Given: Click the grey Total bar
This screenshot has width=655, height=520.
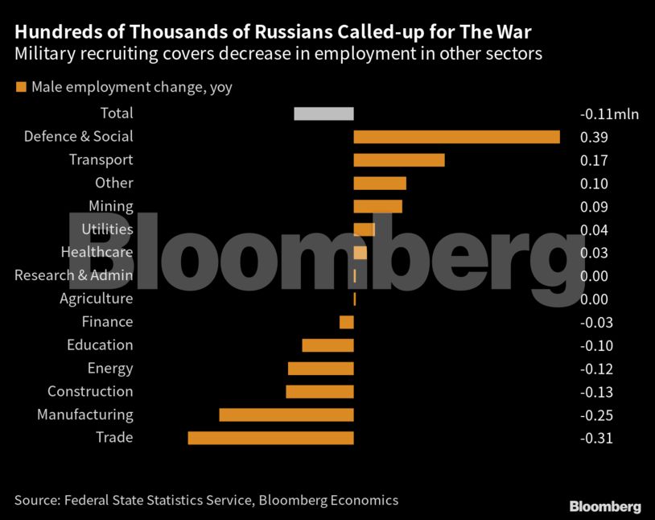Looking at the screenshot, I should coord(323,113).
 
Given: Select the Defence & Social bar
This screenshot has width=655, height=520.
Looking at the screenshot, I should coord(456,137).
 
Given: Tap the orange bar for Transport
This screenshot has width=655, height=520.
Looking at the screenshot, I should coord(399,160).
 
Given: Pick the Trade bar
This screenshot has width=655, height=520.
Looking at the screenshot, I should coord(270,438).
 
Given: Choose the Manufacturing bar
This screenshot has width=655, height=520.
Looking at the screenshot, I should coord(286,415).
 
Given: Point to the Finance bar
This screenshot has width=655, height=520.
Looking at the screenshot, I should coord(347,322).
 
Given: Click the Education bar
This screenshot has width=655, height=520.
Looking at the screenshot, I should coord(327,345).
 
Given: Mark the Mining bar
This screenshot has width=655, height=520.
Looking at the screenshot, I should coord(377,206).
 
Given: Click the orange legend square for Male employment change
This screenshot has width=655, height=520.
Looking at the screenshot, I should coord(20,87).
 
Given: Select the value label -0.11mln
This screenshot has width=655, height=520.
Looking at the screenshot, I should coord(608,114).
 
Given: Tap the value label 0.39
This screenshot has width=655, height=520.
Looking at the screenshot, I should coord(594,138).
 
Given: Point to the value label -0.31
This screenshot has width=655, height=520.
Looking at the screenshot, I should coord(596,439).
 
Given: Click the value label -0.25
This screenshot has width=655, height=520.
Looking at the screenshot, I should coord(596,415).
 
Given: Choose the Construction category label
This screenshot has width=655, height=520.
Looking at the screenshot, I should coord(90,392).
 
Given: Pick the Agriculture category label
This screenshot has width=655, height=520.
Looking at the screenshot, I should coord(96,299).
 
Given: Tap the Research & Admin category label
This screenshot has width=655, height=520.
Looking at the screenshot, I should coord(74,276).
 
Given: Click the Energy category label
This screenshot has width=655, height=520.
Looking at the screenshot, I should coord(110,369).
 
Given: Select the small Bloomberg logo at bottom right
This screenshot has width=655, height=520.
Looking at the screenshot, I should coord(605,506).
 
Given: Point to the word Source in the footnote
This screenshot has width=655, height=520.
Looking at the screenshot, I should coord(35,500).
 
